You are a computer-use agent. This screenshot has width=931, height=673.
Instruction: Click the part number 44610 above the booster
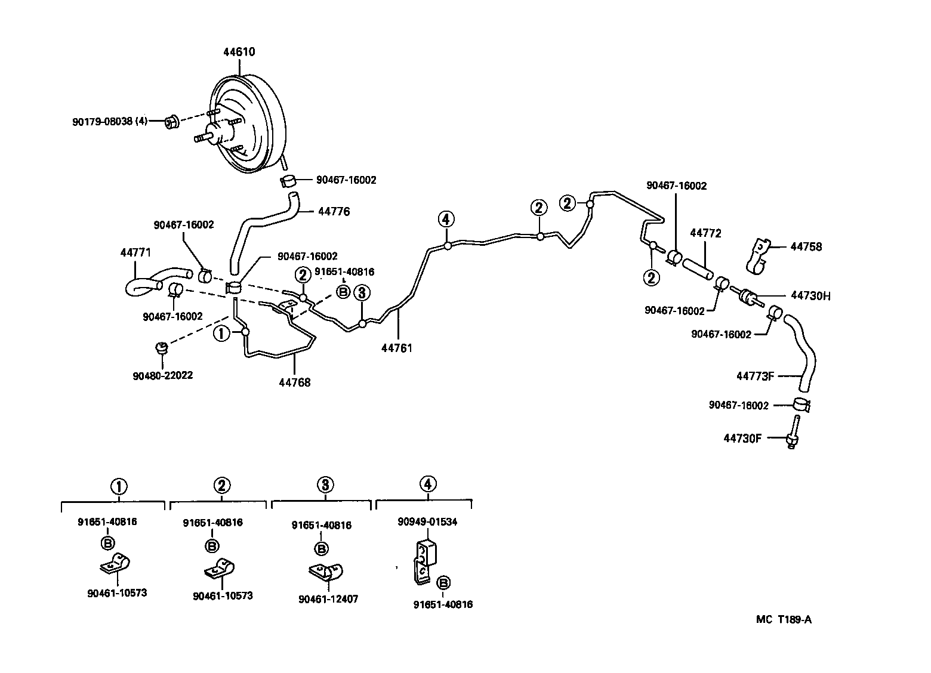click(x=239, y=52)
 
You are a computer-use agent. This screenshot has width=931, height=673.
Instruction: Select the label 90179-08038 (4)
click(x=109, y=122)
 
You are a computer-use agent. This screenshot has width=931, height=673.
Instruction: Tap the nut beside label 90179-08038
click(x=171, y=122)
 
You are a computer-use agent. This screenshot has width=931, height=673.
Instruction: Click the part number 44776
click(x=334, y=211)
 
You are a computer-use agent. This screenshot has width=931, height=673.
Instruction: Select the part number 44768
click(x=294, y=382)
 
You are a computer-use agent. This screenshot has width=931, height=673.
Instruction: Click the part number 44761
click(x=396, y=348)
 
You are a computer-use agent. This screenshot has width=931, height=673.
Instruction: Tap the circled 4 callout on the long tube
click(x=446, y=219)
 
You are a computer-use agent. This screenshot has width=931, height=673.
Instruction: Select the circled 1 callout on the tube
click(x=221, y=333)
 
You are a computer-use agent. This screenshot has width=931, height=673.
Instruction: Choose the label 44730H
click(x=810, y=295)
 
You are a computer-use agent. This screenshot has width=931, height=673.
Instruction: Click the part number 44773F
click(x=754, y=376)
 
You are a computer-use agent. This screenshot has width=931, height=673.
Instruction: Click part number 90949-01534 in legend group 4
click(x=427, y=521)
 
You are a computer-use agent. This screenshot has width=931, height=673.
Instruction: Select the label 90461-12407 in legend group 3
click(x=328, y=598)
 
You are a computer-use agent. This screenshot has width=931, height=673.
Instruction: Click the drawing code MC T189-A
click(x=784, y=619)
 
